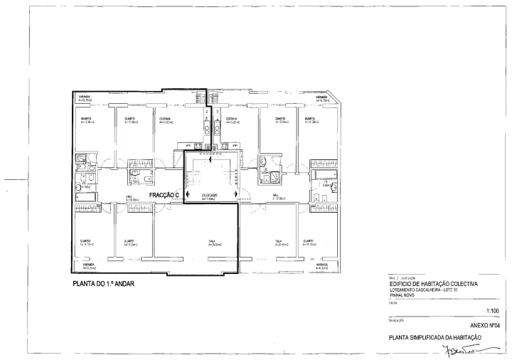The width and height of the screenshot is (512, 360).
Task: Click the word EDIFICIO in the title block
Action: pyautogui.click(x=402, y=284)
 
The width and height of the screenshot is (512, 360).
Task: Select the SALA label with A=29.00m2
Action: pyautogui.click(x=212, y=242)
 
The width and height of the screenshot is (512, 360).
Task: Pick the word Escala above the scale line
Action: pyautogui.click(x=393, y=301)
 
